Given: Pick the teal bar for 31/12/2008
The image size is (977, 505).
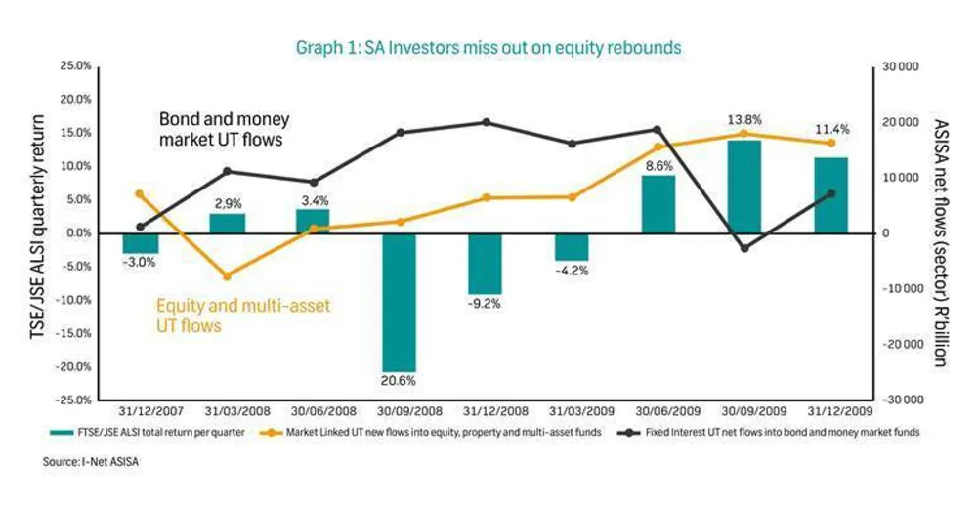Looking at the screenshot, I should (486, 263).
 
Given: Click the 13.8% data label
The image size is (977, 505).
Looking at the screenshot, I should (743, 118).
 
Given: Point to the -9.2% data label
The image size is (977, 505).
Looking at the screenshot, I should (486, 304).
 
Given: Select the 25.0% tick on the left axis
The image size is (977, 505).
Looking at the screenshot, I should (76, 65).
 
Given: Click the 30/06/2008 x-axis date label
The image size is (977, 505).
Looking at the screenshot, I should (314, 411).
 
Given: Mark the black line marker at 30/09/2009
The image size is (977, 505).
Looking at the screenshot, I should (744, 248).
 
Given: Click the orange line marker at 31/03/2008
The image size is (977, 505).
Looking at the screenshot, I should (227, 276).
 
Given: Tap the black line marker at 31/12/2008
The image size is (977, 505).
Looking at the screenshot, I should (486, 122).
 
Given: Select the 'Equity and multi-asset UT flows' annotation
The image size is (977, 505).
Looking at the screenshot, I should (243, 316).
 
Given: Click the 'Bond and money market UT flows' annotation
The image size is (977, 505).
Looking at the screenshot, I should (225, 129).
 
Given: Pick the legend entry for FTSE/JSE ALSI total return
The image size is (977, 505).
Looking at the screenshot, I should (165, 431).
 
